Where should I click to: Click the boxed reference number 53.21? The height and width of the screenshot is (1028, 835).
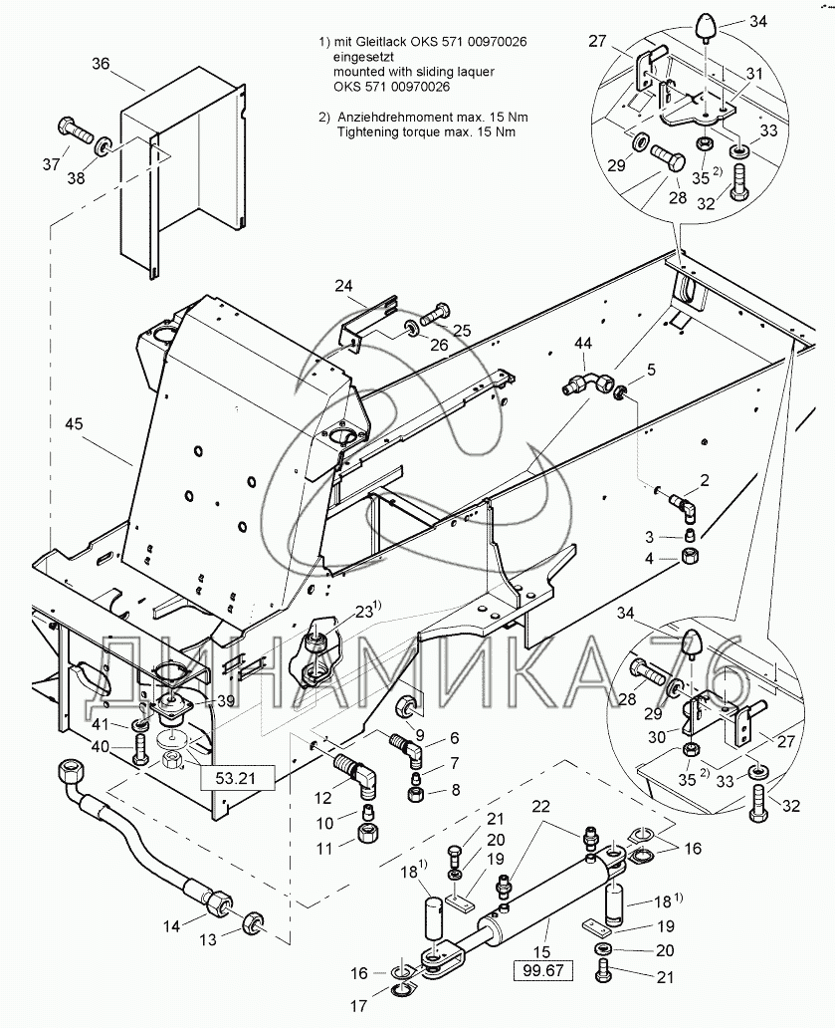(x=235, y=776)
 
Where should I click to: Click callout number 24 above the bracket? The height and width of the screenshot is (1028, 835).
(x=343, y=286)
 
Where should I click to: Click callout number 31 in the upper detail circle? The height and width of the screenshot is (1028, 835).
(x=753, y=74)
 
